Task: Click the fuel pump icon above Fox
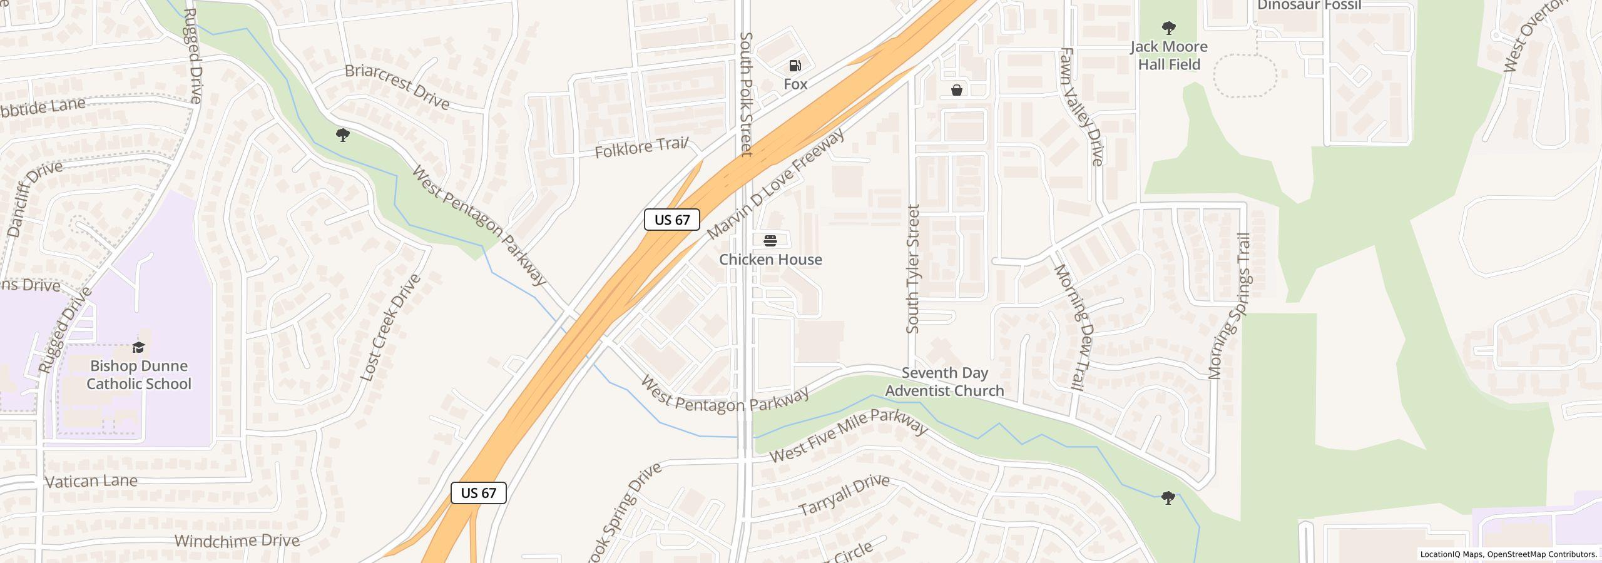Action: tap(795, 66)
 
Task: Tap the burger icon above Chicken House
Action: tap(770, 240)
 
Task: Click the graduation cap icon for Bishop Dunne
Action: tap(138, 347)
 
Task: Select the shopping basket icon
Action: tap(956, 90)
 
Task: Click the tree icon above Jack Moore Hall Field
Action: tap(1168, 28)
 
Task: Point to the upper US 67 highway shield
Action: tap(671, 220)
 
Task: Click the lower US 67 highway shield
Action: tap(478, 493)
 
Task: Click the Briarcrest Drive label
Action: tap(397, 86)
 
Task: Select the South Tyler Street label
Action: tap(913, 269)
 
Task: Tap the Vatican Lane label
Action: tap(91, 481)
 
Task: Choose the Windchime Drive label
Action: tap(237, 540)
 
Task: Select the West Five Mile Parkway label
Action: tap(848, 435)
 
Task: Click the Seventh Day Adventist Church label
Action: tap(944, 382)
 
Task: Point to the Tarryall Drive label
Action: tap(844, 495)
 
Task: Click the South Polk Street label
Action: tap(745, 94)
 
